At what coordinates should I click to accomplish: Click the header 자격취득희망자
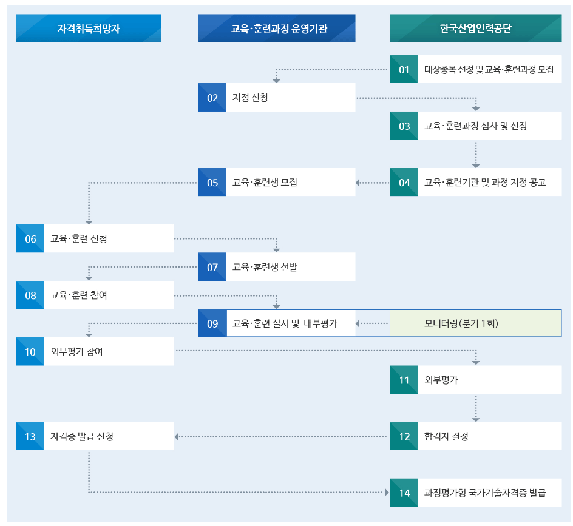(89, 29)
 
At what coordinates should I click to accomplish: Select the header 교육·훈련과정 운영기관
(276, 29)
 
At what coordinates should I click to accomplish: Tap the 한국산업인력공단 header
(475, 29)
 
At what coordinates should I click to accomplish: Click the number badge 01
(404, 70)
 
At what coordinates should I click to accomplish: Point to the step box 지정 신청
(276, 98)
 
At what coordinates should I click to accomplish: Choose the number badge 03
(404, 126)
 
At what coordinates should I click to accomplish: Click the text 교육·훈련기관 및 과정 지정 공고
(485, 183)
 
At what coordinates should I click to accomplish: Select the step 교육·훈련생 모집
(276, 183)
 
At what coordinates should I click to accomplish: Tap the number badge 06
(30, 239)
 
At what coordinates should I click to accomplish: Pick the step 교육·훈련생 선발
(276, 267)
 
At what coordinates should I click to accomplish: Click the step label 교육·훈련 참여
(79, 295)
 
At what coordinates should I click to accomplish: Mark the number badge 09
(212, 323)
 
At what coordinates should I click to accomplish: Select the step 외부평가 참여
(94, 352)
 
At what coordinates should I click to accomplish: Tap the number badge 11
(404, 380)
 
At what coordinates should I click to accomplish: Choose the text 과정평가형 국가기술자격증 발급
(485, 493)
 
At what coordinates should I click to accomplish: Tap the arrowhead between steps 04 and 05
(358, 183)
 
